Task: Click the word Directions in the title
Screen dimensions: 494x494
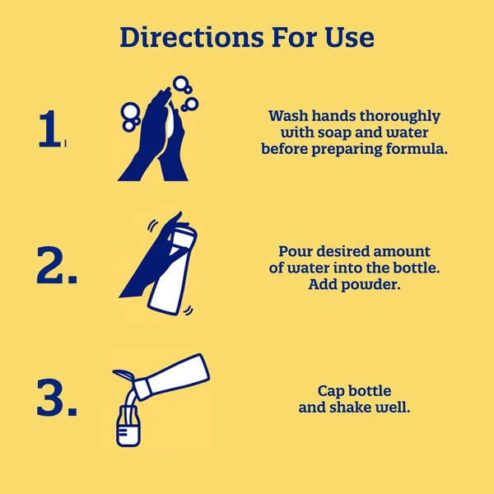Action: pos(192,37)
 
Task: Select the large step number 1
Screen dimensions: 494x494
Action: pos(49,128)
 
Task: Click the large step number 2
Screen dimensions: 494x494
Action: pos(57,265)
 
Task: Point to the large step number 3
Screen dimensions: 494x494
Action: pos(57,398)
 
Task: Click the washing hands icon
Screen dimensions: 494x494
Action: pos(157,129)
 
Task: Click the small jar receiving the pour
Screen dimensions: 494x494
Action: pos(128,426)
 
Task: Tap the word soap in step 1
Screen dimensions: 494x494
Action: pos(334,133)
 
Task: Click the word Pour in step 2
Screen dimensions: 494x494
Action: pos(296,252)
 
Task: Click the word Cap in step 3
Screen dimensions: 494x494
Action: pos(329,392)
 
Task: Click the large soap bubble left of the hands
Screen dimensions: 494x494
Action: pos(130,111)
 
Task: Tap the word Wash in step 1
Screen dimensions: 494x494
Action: pos(288,116)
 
